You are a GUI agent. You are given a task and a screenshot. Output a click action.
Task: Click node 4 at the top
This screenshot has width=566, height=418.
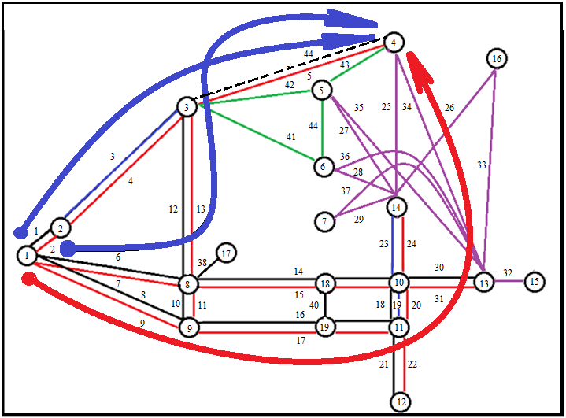(x=394, y=42)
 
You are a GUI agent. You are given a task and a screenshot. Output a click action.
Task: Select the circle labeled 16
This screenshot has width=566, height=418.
(x=496, y=58)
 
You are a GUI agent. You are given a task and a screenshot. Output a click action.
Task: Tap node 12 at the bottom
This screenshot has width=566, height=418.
(x=400, y=401)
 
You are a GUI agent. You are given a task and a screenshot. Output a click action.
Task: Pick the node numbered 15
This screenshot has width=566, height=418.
(x=535, y=281)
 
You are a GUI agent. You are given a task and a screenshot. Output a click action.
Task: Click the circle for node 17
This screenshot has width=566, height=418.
(x=226, y=253)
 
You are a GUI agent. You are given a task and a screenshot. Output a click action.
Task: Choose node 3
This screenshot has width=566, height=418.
(x=187, y=107)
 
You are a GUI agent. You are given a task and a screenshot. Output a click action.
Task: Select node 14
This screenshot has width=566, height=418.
(x=397, y=208)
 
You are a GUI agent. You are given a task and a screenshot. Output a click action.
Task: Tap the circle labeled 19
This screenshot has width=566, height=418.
(x=324, y=326)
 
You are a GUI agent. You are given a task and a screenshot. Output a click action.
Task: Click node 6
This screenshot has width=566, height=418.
(x=323, y=167)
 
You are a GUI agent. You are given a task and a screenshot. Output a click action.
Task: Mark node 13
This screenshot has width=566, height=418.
(x=483, y=283)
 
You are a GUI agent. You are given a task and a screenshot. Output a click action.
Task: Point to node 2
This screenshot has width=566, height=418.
(x=60, y=228)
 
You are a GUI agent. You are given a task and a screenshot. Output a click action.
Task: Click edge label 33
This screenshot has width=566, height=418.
(x=481, y=165)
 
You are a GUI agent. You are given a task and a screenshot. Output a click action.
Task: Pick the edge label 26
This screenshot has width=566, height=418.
(x=449, y=107)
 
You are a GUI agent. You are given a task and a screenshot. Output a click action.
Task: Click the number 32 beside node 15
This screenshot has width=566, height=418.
(x=508, y=273)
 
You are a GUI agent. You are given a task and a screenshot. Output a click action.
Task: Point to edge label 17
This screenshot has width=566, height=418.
(x=300, y=340)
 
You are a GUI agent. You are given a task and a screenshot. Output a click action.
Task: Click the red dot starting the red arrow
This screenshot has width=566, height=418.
(x=29, y=278)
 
